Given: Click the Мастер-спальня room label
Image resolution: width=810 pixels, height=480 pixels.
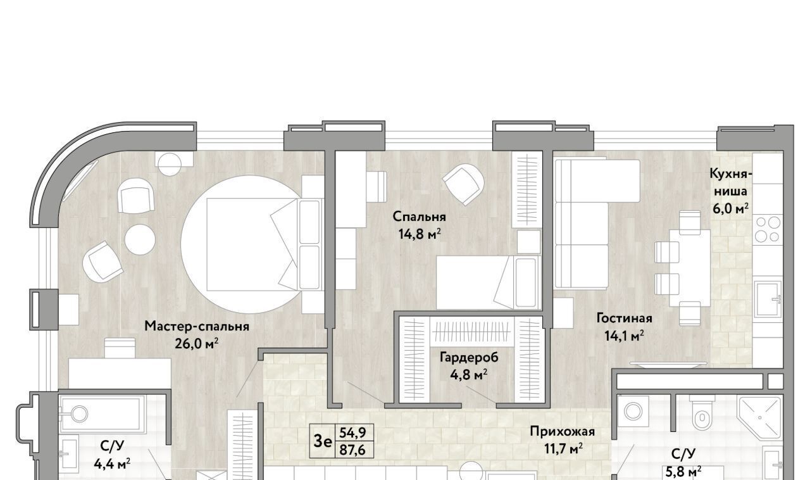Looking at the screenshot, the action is coord(197,326).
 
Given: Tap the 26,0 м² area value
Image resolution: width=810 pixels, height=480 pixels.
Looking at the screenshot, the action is coord(197,343).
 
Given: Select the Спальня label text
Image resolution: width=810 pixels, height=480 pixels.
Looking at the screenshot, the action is coord(420,217).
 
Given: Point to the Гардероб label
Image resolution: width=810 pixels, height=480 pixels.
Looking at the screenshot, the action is coord(469,357).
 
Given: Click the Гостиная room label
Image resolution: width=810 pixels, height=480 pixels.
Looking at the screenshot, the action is coord(624,318).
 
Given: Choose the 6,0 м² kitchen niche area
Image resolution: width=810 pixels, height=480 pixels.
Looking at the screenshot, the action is coord(730,209).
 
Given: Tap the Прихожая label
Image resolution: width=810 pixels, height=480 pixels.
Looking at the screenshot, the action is coord(563,431).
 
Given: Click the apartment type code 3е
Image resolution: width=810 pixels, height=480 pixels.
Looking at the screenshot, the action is coord(323,441).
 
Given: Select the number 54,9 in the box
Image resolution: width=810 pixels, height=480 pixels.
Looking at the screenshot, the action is coord(352,433).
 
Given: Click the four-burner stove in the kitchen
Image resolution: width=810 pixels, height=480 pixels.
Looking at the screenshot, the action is coord(768,229).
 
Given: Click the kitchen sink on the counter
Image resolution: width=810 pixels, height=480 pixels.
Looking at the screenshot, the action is coord(768,299).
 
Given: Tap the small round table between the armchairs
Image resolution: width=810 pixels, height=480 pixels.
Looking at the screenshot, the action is coord(140,239).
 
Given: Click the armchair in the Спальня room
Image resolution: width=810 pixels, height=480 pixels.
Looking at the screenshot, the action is coord(463,184).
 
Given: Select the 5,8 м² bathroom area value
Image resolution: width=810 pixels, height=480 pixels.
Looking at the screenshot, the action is coord(683,471).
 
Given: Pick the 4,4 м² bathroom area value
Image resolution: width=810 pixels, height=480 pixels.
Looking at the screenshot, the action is coord(112,464).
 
